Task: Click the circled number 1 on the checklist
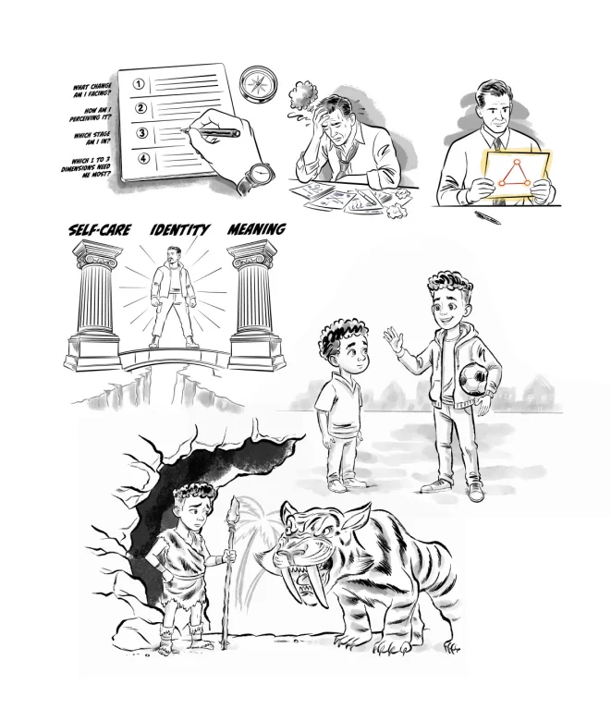[x=139, y=84]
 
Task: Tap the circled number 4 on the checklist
[x=144, y=158]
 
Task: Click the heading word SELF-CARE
[x=100, y=229]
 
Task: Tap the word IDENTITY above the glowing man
[x=179, y=229]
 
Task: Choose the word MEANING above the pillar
[x=257, y=228]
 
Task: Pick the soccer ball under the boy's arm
[x=474, y=379]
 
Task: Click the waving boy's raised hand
[x=394, y=340]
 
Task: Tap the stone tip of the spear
[x=234, y=507]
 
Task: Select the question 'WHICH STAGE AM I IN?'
[x=92, y=139]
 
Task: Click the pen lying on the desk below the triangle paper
[x=488, y=217]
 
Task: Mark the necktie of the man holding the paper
[x=498, y=145]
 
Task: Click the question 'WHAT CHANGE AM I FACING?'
[x=92, y=91]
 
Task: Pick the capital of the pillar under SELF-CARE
[x=97, y=255]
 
